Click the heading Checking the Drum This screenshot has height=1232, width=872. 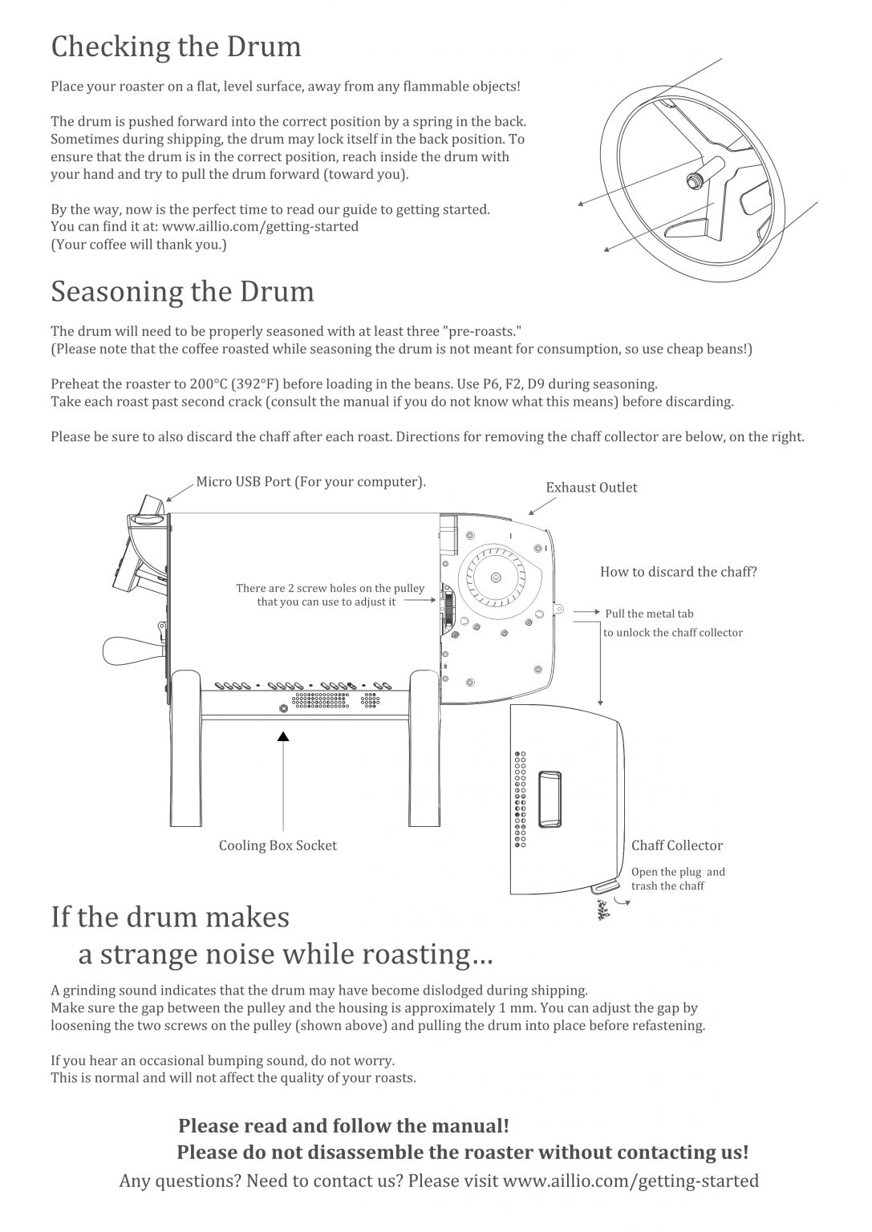point(176,47)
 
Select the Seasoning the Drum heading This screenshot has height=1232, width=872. point(183,292)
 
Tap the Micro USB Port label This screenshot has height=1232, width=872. point(310,482)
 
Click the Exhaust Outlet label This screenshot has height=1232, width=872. point(591,488)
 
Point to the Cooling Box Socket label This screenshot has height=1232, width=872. point(278,845)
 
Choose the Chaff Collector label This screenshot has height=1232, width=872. point(676,845)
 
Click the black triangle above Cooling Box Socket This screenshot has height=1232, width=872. point(282,736)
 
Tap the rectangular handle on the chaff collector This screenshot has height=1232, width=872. point(550,799)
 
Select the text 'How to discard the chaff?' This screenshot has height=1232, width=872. point(678,572)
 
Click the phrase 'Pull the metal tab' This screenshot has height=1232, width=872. point(649,614)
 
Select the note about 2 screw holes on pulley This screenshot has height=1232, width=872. point(330,594)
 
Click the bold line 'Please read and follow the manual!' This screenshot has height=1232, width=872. point(343,1126)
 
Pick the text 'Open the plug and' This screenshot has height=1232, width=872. point(678,872)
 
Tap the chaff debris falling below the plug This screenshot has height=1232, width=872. point(602,910)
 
